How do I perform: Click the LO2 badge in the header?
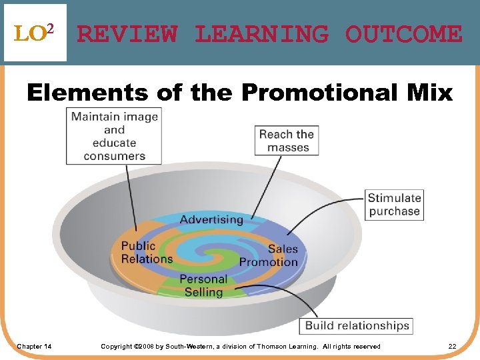[x=35, y=33]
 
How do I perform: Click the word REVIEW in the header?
[x=127, y=34]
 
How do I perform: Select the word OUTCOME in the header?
[x=403, y=34]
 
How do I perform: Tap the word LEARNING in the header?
[x=261, y=34]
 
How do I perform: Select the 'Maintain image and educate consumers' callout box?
[x=114, y=136]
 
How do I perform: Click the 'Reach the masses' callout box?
[x=286, y=141]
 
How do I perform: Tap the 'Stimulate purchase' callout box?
[x=395, y=205]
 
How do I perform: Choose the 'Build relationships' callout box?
[x=357, y=326]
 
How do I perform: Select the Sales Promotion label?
[x=269, y=255]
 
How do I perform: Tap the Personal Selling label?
[x=203, y=285]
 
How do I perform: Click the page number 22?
[x=452, y=347]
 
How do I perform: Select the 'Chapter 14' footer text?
[x=35, y=347]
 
